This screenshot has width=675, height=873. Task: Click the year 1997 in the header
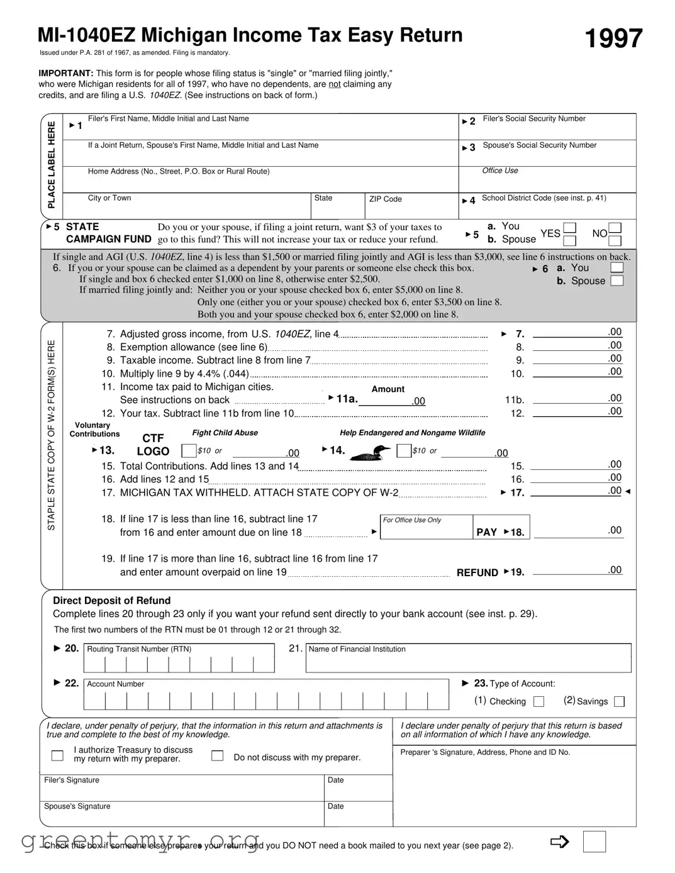(613, 39)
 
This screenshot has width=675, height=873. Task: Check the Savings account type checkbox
(619, 701)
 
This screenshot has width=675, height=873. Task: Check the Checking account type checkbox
(538, 701)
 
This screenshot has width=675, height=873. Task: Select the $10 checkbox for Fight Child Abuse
(188, 451)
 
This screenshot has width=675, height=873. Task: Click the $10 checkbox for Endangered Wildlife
(404, 451)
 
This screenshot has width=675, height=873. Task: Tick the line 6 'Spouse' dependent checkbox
(617, 281)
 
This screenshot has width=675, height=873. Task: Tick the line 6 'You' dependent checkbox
(617, 268)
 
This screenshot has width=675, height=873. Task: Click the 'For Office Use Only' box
(426, 528)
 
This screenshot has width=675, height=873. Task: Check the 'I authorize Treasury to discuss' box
(57, 755)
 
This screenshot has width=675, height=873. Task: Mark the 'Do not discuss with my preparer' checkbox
(217, 756)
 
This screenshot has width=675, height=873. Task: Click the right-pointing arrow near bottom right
(559, 842)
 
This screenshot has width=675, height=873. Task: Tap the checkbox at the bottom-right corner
(594, 842)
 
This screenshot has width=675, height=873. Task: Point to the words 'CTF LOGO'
(153, 445)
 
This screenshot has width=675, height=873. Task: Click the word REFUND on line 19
(477, 572)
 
